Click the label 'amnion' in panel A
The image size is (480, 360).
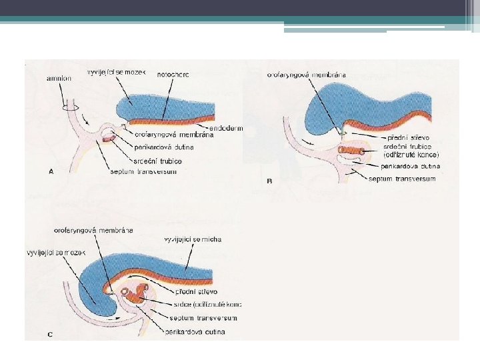[59, 79]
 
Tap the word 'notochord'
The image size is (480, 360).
[173, 75]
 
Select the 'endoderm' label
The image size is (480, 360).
[226, 127]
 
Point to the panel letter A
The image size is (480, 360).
[52, 171]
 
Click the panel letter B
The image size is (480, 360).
[269, 181]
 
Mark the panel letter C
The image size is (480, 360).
[51, 334]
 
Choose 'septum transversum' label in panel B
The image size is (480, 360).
[403, 179]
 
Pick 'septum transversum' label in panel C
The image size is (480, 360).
[203, 318]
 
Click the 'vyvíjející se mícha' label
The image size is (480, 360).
[193, 239]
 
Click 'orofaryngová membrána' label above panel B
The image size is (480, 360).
[307, 75]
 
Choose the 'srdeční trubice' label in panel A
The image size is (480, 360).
[158, 162]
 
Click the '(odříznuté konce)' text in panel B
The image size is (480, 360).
[411, 155]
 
